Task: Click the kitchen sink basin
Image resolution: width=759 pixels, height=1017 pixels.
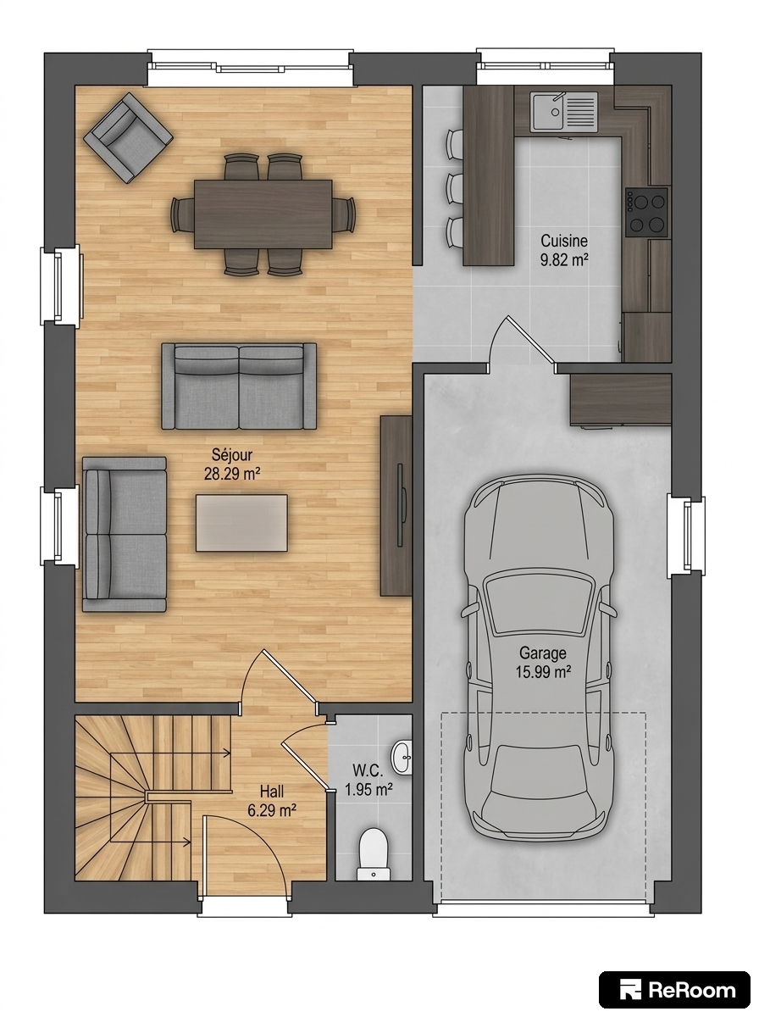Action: (547, 111)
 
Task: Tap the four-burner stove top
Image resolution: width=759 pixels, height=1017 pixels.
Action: (647, 213)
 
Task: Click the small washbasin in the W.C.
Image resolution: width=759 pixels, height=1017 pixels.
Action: (402, 758)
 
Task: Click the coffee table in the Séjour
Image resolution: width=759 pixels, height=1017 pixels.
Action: (241, 523)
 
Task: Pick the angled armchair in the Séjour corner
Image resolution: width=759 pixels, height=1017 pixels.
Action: (128, 137)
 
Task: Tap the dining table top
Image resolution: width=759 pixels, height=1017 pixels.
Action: (263, 214)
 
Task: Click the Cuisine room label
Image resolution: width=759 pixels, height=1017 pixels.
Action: (564, 241)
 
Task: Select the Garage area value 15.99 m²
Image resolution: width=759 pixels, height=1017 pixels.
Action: (543, 672)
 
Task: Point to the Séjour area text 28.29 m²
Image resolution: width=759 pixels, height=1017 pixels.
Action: (231, 474)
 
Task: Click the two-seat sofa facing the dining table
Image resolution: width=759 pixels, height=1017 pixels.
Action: (239, 386)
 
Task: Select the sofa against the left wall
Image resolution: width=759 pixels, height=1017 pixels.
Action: (125, 534)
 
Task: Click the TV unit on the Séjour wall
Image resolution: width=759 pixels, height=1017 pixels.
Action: (396, 505)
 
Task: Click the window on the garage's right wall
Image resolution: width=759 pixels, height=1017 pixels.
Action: (687, 536)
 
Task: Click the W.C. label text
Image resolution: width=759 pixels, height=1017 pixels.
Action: (368, 771)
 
